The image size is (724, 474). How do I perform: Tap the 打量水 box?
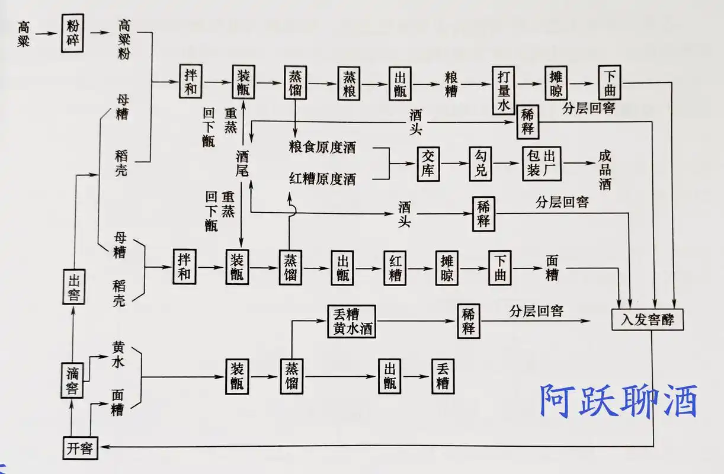[x=501, y=89]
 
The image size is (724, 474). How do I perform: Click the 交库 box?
[x=429, y=164]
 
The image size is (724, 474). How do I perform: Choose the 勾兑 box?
[x=480, y=164]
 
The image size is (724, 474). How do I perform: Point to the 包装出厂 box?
[x=542, y=164]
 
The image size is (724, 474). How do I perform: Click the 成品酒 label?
[x=604, y=169]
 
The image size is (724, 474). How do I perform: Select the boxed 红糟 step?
[x=395, y=268]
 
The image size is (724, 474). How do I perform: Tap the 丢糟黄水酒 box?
[x=351, y=321]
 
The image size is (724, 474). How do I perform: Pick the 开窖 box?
[x=80, y=447]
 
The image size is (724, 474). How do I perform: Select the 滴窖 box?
[x=73, y=381]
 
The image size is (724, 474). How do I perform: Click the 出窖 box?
[x=73, y=287]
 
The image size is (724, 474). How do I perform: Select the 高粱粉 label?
[x=124, y=39]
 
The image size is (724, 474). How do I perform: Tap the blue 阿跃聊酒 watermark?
[x=618, y=401]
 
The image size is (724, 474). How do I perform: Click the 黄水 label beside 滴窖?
[x=118, y=354]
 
